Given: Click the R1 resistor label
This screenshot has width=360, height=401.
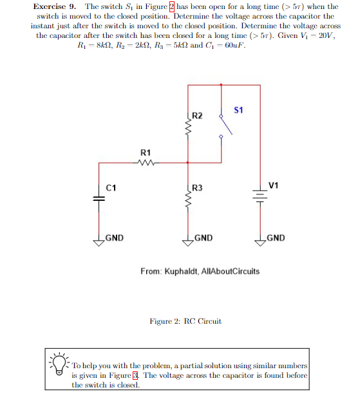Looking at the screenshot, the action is tap(146, 152).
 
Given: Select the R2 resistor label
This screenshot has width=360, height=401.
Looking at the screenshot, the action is tap(198, 116).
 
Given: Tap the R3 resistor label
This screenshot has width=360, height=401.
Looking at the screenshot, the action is tap(198, 188).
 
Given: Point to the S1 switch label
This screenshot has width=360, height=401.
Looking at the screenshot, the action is tap(239, 109).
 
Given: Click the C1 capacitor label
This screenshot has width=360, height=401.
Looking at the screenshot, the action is tap(111, 188).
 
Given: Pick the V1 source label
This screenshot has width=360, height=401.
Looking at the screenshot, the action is tap(274, 185).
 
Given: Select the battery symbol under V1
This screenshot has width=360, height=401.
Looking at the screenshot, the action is tap(261, 199).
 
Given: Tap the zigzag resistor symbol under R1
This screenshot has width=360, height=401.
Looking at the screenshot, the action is tap(146, 163).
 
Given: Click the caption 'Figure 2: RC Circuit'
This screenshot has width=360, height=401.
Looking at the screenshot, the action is tap(185, 321).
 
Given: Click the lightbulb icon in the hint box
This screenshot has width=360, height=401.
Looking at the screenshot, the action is tap(60, 364).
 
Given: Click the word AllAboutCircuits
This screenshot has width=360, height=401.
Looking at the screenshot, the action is tap(232, 272).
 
